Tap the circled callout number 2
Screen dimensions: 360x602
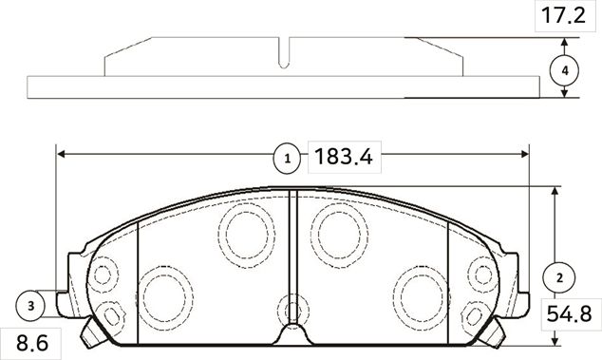[559, 277]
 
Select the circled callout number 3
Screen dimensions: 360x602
[31, 305]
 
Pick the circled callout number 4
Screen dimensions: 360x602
[565, 70]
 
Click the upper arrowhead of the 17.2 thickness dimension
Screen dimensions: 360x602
[566, 42]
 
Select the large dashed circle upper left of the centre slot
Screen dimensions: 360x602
[244, 234]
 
